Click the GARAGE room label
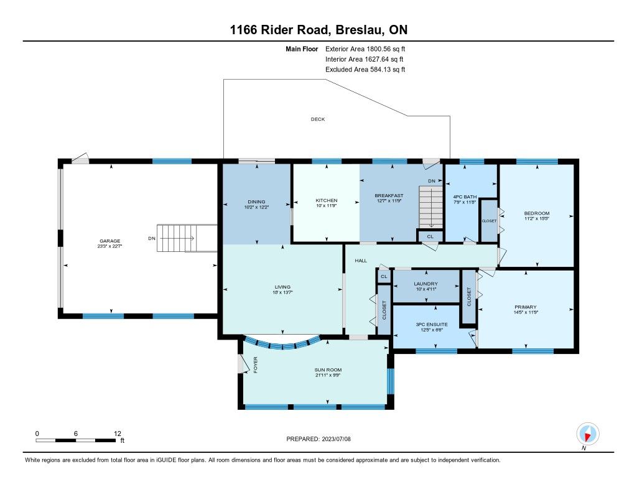pos(109,241)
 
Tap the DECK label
pos(318,119)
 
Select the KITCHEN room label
pos(327,200)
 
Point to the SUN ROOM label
pos(328,369)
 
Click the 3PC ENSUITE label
pos(432,324)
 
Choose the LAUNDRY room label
pos(425,284)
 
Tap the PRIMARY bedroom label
pos(525,307)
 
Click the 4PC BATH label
pos(465,197)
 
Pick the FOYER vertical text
pos(256,365)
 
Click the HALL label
pos(361,261)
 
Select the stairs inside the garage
pos(187,238)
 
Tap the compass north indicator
pos(587,434)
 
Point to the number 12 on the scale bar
pos(118,434)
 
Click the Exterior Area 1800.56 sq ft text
pos(365,49)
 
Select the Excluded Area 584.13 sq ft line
pos(365,70)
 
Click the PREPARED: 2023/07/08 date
pos(318,439)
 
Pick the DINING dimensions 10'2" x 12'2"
pos(256,207)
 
